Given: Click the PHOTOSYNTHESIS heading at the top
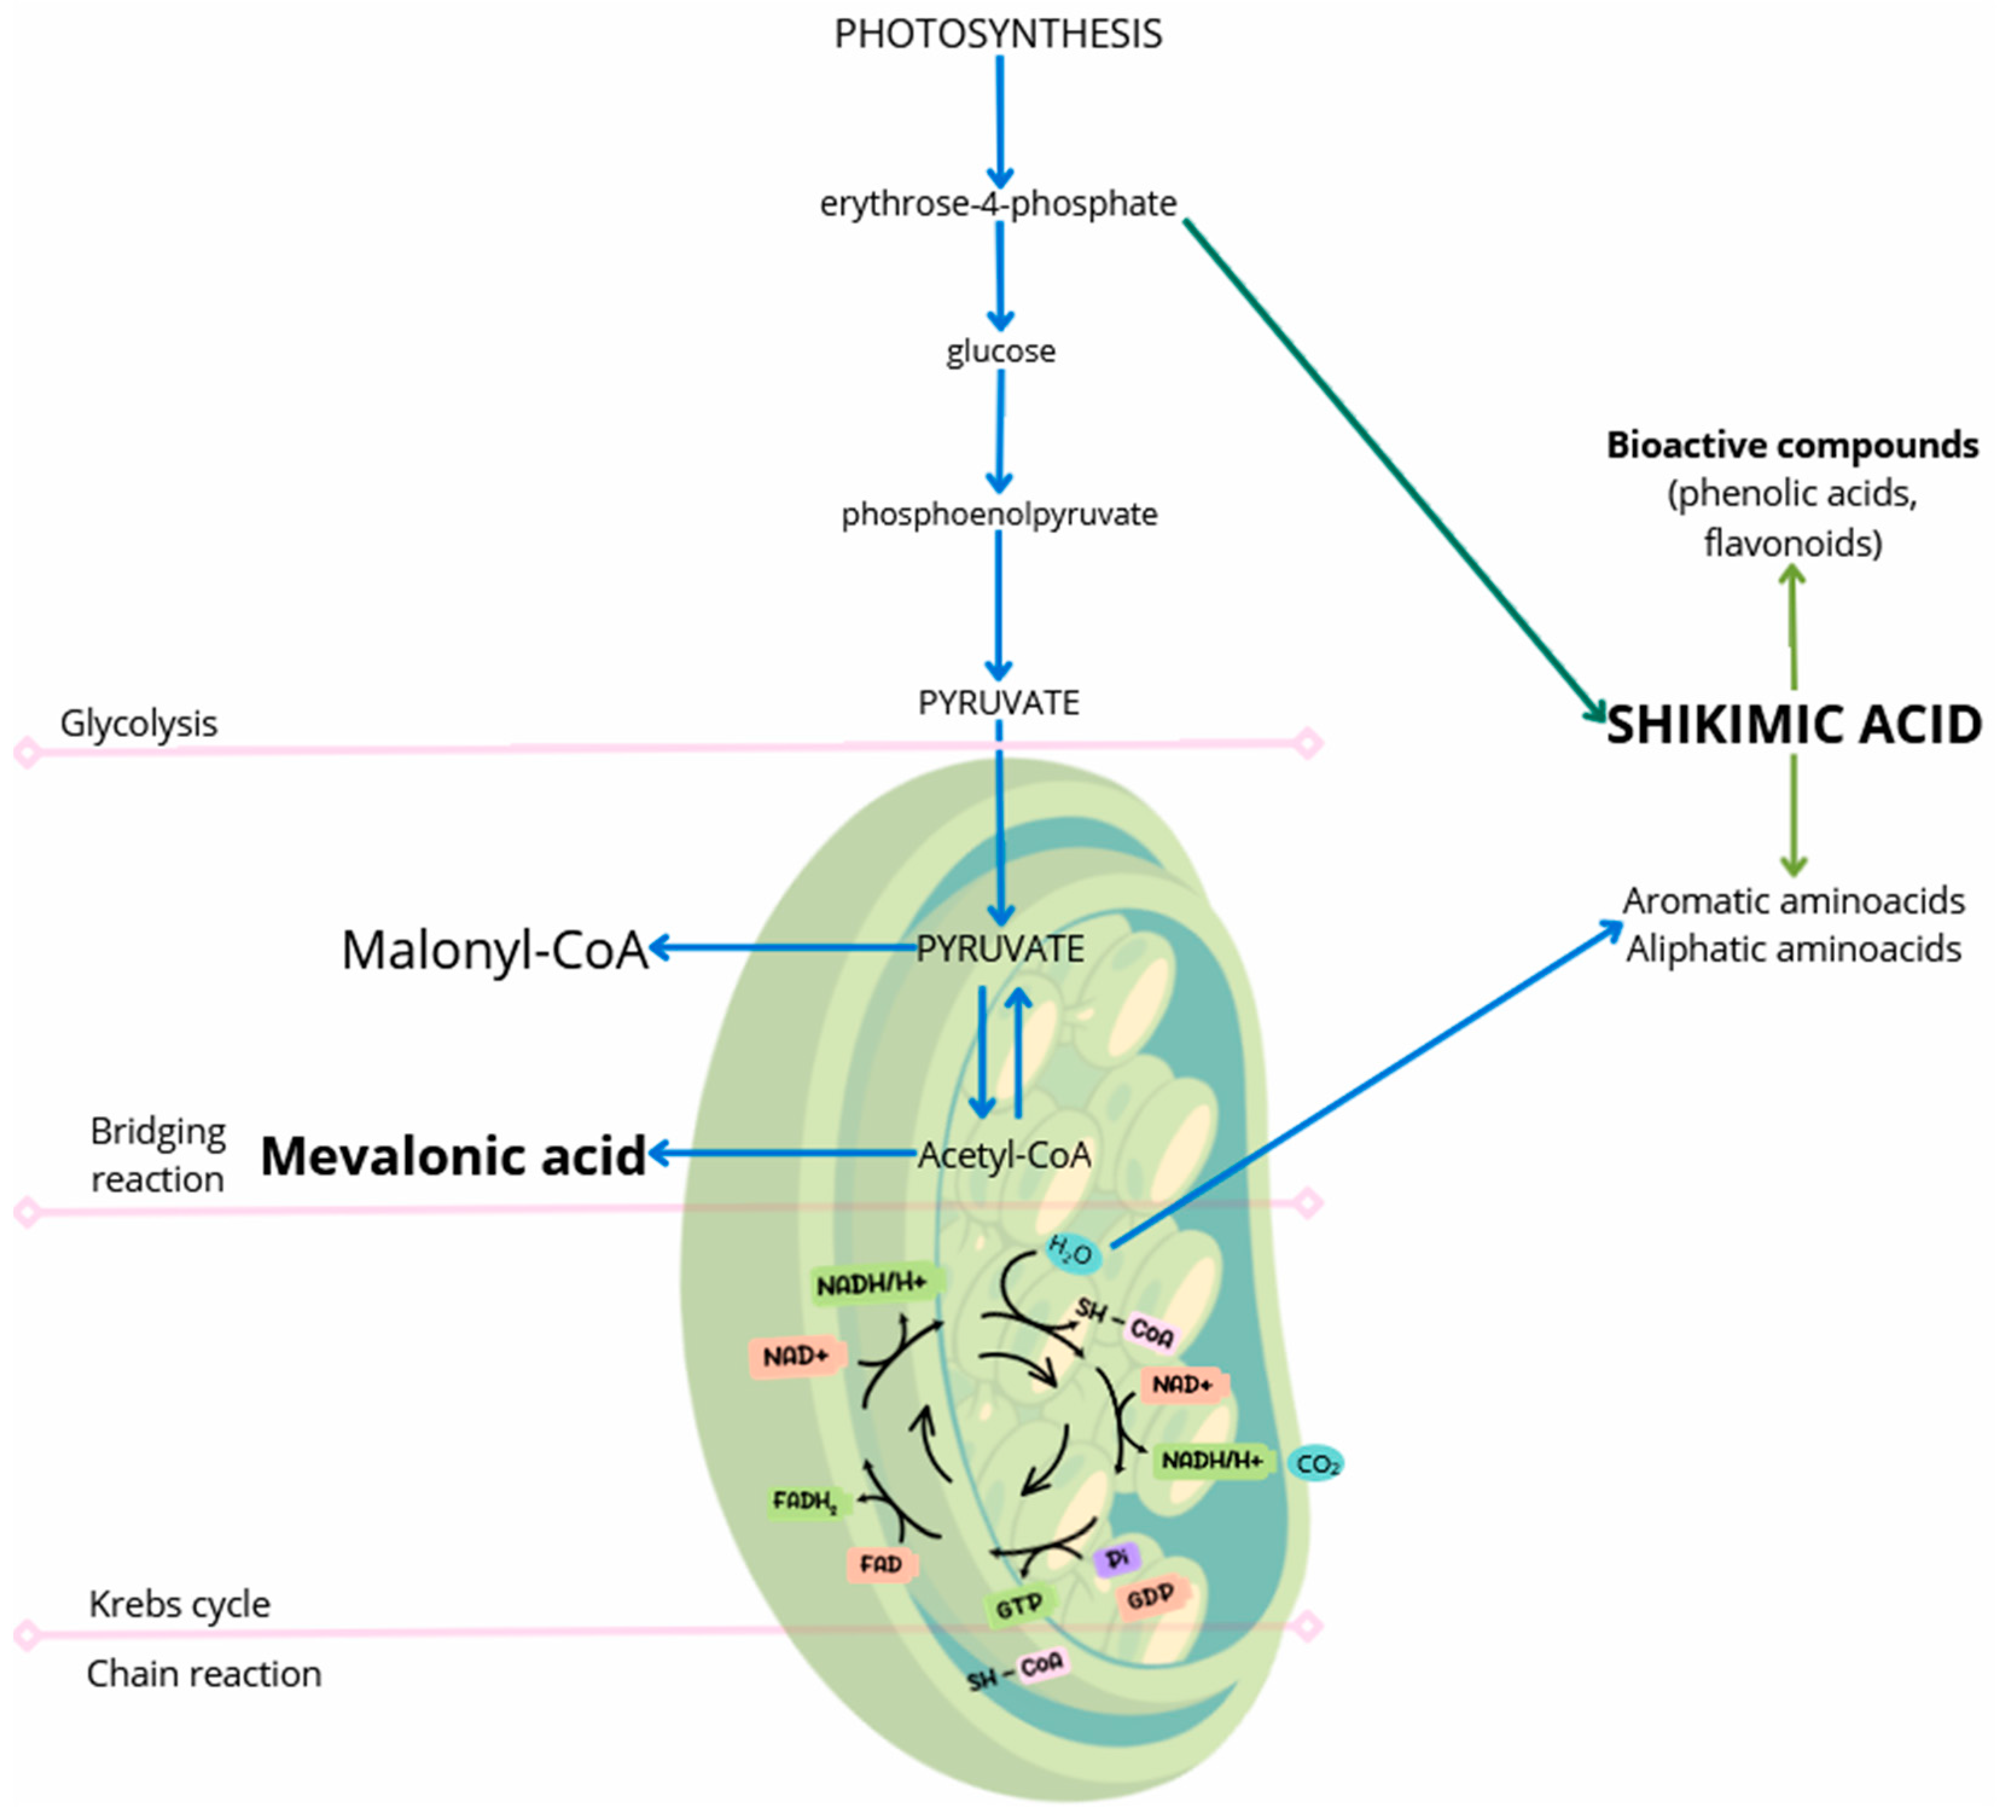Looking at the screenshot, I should click(998, 34).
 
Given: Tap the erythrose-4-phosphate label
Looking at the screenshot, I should click(998, 204).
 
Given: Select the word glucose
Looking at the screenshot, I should click(1000, 352).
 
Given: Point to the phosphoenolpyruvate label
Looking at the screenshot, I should click(999, 514).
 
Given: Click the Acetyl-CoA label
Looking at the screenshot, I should click(1004, 1155).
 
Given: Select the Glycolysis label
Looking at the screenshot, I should click(139, 724).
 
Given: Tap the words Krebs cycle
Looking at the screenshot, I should click(179, 1605).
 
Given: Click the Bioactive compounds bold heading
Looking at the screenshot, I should click(1792, 446).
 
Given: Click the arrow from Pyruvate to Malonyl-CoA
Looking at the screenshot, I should click(784, 948).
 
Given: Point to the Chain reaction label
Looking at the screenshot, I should click(204, 1674).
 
